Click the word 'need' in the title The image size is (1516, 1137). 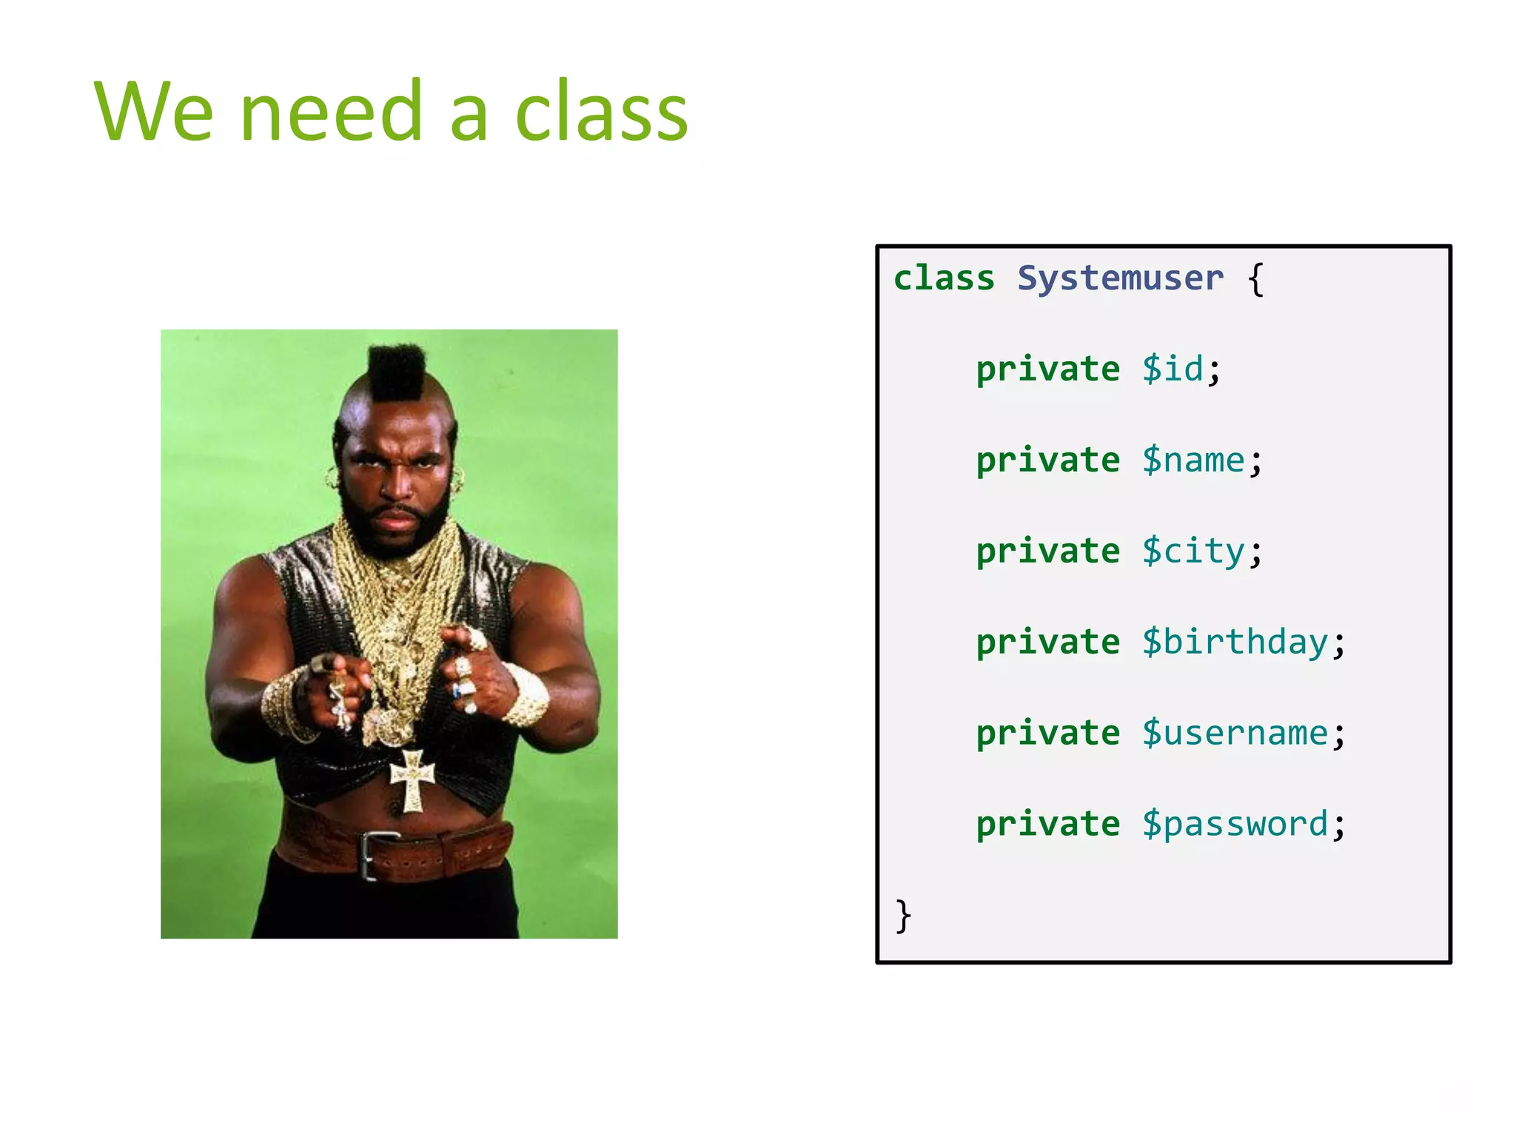pos(332,113)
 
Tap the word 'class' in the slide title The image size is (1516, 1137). pos(601,113)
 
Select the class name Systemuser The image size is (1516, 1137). pos(1120,279)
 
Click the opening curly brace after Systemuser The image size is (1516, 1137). pos(1255,280)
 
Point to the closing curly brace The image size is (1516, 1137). pos(902,916)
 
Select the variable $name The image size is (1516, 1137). pos(1193,460)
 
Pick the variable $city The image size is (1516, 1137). pos(1193,551)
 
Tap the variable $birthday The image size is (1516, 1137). pos(1235,643)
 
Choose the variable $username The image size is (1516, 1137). pos(1235,734)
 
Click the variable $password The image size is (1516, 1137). pos(1235,825)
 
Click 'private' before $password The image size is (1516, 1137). pos(1047,825)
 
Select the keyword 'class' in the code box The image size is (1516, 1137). pos(944,279)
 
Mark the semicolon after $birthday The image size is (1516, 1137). pos(1338,644)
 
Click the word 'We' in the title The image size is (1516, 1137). pos(154,113)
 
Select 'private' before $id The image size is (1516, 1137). pos(1047,369)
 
